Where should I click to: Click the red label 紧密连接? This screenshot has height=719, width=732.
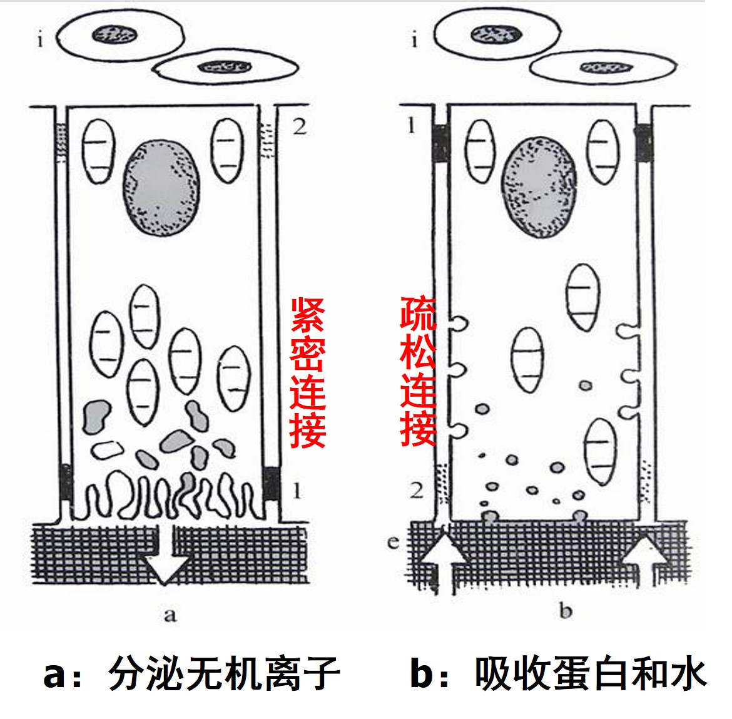[x=307, y=373]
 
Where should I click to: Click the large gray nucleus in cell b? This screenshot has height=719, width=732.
[x=539, y=188]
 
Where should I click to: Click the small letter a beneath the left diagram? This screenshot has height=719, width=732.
[x=170, y=615]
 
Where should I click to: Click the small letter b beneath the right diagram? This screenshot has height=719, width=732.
[x=566, y=610]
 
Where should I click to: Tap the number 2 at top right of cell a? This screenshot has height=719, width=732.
[x=300, y=127]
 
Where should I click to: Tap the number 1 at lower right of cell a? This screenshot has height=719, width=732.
[x=297, y=490]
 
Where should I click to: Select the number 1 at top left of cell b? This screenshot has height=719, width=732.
[x=411, y=126]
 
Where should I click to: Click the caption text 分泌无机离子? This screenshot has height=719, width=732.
[x=224, y=674]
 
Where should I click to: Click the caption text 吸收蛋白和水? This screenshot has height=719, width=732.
[x=591, y=674]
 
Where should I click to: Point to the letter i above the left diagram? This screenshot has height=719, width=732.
[x=40, y=41]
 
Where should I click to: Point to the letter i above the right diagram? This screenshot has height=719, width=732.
[x=414, y=41]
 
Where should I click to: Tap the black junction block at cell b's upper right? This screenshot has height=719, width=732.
[x=643, y=141]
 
